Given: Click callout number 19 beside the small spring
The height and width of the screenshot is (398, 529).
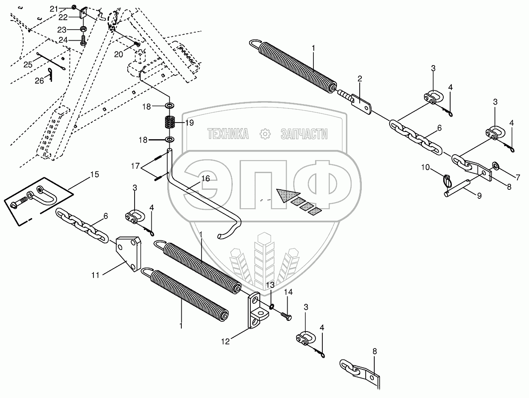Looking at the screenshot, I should (189, 123).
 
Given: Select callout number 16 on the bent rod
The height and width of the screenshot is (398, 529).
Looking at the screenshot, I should (205, 179).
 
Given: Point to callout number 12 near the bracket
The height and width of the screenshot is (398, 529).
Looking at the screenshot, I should (225, 341).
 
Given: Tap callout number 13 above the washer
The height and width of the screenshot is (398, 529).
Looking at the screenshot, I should (270, 284).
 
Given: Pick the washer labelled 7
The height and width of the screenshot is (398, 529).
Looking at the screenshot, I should (496, 165).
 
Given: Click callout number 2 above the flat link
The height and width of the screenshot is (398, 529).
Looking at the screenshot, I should (360, 78).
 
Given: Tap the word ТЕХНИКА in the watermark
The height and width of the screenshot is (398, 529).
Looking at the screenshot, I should (228, 134).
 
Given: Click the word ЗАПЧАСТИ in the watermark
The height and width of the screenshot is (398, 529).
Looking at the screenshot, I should (304, 134).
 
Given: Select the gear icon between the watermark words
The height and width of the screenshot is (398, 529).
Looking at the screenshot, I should (265, 134).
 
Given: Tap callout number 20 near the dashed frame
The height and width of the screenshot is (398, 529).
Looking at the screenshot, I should (118, 54).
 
